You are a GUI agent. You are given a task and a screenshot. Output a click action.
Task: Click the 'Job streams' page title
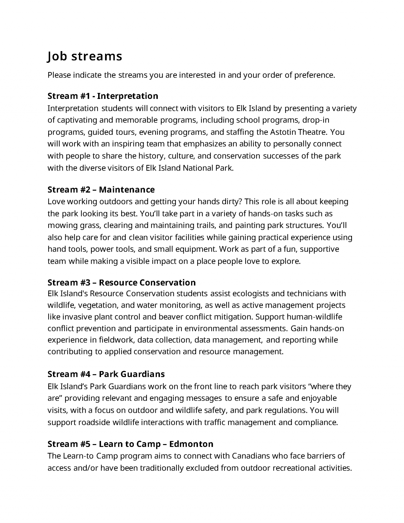[x=85, y=56]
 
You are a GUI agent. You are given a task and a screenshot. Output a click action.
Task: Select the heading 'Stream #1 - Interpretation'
[x=103, y=96]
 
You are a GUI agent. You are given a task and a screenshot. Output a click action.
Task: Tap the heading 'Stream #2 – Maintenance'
[x=101, y=189]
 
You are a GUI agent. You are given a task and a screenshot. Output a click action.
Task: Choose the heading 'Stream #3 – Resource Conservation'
[x=122, y=282]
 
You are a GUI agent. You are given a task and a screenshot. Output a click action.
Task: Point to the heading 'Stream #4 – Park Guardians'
[x=106, y=374]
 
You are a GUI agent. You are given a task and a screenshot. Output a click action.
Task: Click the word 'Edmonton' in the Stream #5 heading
[x=191, y=444]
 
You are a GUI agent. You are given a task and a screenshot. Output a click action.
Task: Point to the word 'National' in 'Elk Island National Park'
[x=198, y=168]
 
